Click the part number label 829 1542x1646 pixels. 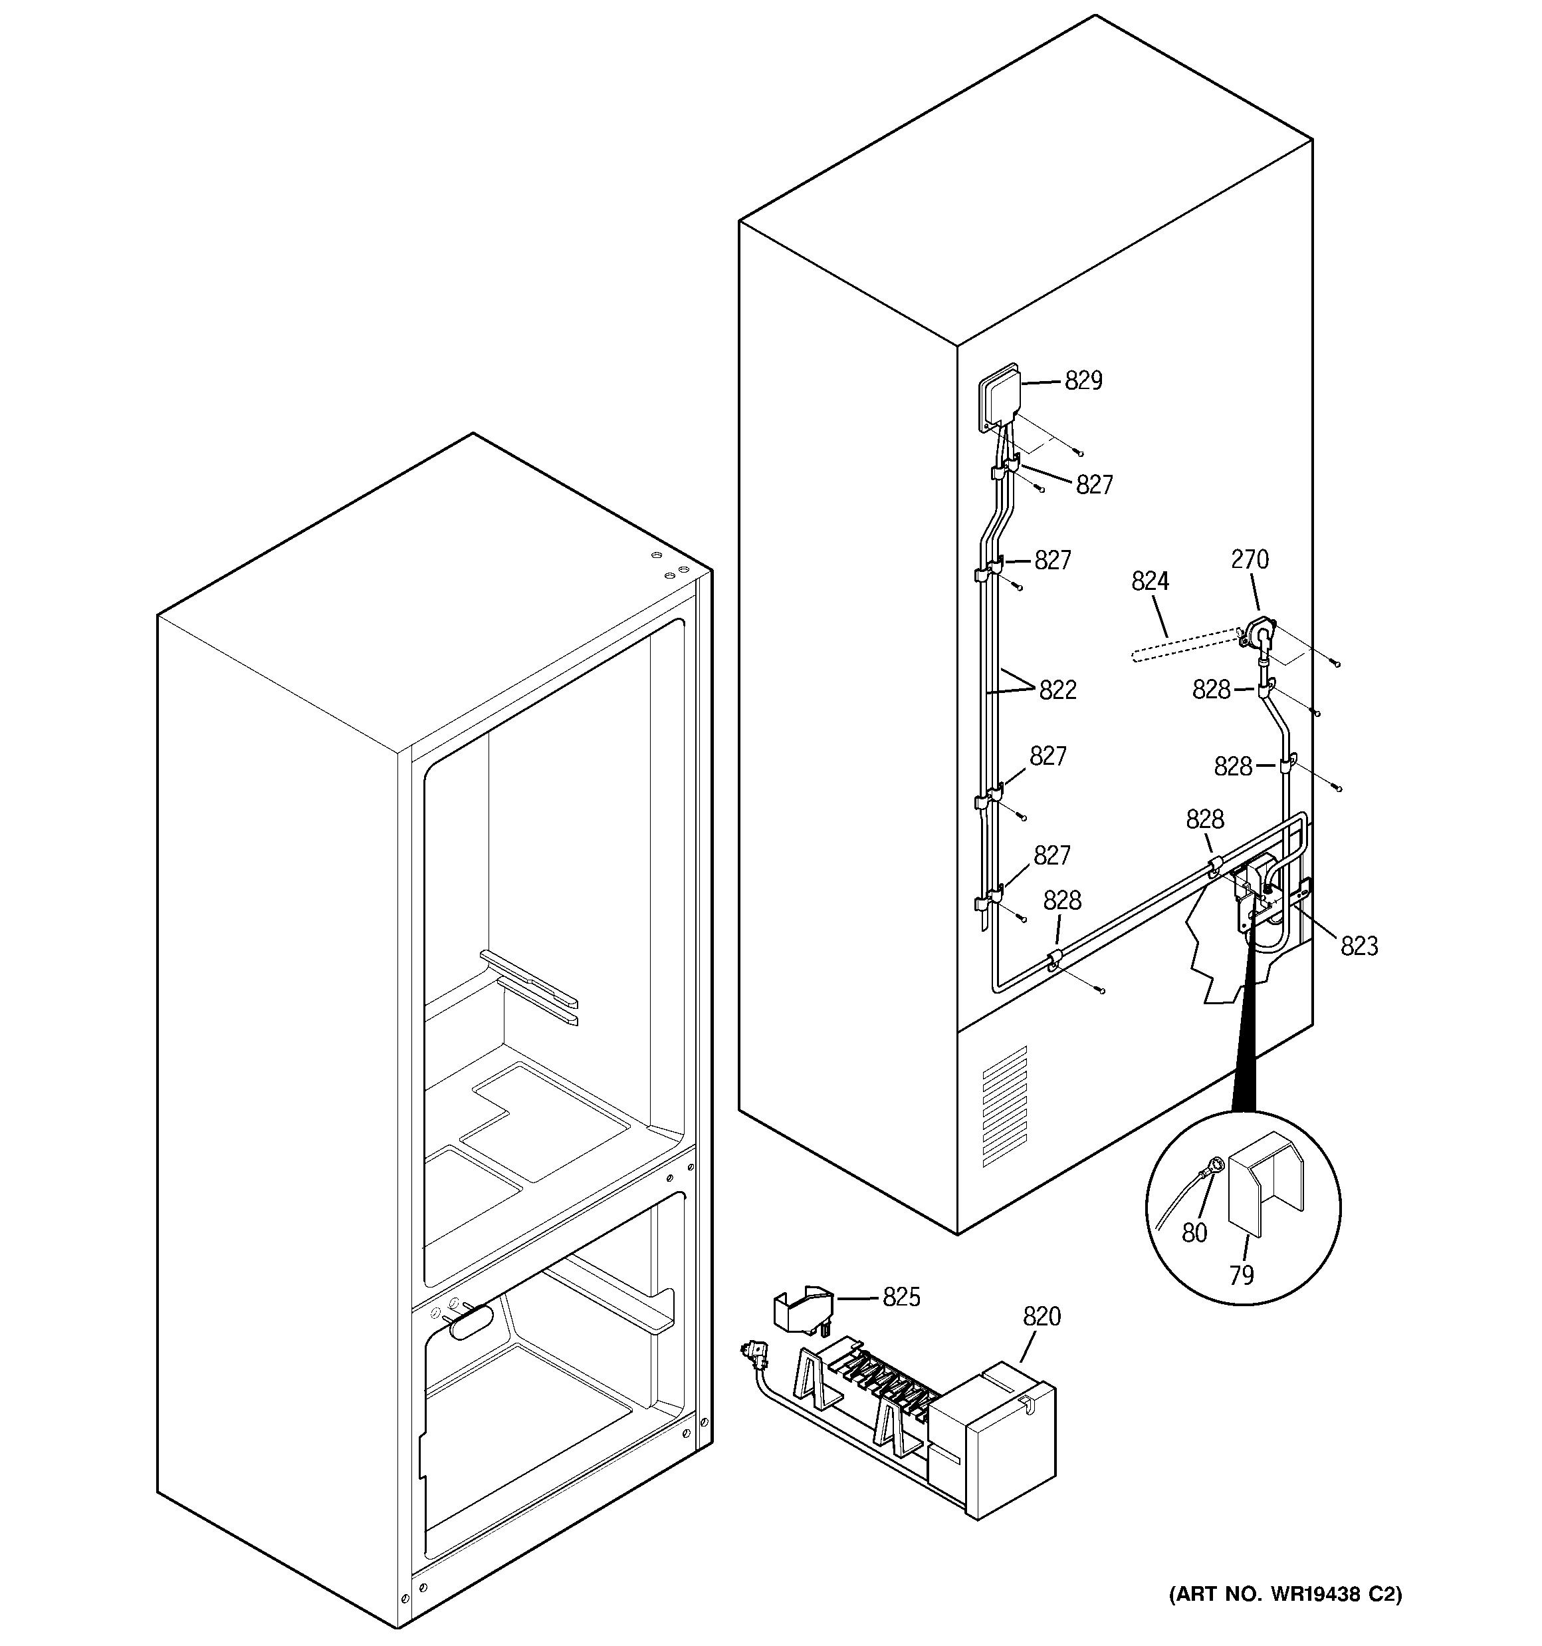point(1083,381)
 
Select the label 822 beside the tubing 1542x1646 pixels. point(1057,690)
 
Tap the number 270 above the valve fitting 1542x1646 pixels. point(1249,560)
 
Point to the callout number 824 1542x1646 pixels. point(1150,582)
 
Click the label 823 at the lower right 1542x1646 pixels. point(1359,946)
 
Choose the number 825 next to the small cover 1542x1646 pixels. point(901,1298)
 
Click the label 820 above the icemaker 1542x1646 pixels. point(1042,1317)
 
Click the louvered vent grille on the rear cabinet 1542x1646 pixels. point(1004,1105)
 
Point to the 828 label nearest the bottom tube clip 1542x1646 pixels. point(1062,901)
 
